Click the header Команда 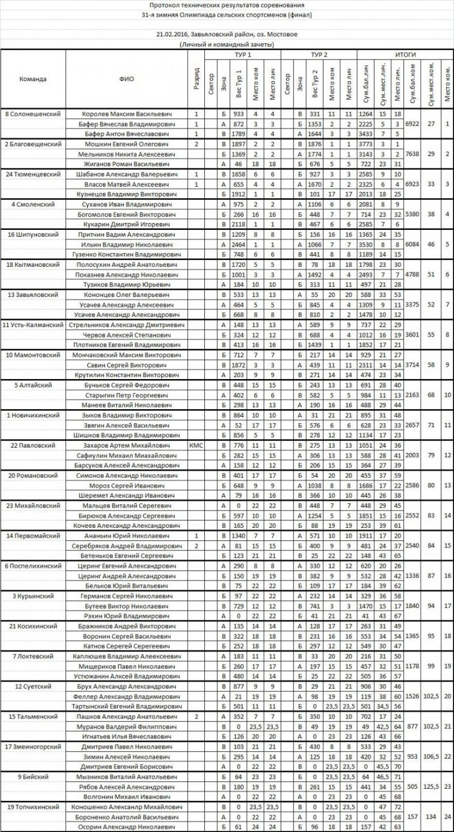[33, 79]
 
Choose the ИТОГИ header [405, 54]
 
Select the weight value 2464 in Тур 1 [238, 244]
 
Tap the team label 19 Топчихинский [33, 806]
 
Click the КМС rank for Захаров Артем [195, 446]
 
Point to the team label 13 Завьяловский [33, 295]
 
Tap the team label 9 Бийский [33, 776]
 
